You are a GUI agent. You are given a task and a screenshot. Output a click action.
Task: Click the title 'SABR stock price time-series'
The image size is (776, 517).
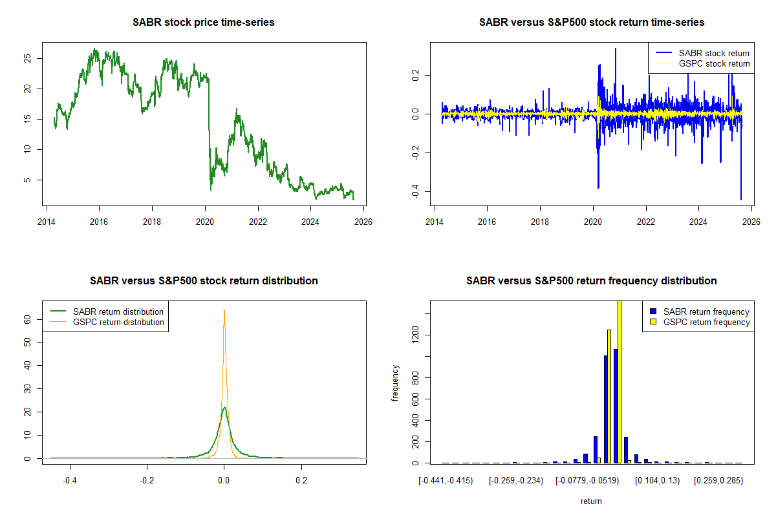pos(203,23)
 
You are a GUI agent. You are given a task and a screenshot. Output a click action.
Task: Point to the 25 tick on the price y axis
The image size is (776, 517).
pos(27,58)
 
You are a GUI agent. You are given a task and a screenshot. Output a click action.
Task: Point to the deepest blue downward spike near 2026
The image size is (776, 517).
pos(740,199)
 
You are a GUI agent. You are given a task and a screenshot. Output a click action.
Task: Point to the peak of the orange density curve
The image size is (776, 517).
pos(224,310)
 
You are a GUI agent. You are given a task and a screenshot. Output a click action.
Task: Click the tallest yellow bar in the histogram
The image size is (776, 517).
pos(619,381)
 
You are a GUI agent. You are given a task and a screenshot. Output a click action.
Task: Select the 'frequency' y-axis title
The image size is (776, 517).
pos(395,383)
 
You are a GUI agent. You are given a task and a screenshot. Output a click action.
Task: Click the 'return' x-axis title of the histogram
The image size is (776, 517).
pos(591,501)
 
